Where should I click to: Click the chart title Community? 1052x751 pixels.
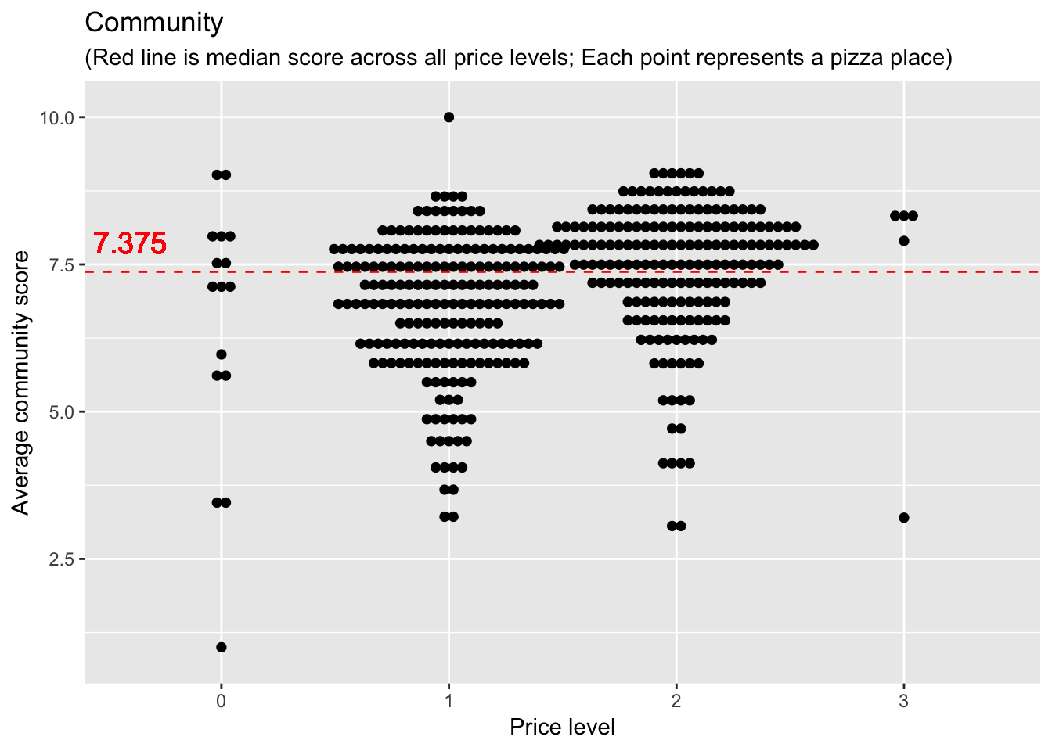click(153, 23)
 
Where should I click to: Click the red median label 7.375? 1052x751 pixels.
click(130, 244)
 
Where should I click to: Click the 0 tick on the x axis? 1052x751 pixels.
click(222, 701)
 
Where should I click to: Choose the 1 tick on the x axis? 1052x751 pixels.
click(449, 701)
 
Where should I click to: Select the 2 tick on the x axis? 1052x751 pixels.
click(676, 701)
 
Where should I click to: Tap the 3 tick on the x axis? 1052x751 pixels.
click(904, 701)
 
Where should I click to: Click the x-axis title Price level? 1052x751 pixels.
click(562, 728)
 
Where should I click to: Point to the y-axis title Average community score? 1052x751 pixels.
click(21, 383)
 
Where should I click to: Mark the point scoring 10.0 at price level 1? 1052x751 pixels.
click(449, 117)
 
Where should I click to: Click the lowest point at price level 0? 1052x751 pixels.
click(222, 647)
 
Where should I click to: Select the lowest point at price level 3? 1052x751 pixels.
click(904, 518)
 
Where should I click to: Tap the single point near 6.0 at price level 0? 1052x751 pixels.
click(222, 354)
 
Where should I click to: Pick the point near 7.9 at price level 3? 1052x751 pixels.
click(904, 241)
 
